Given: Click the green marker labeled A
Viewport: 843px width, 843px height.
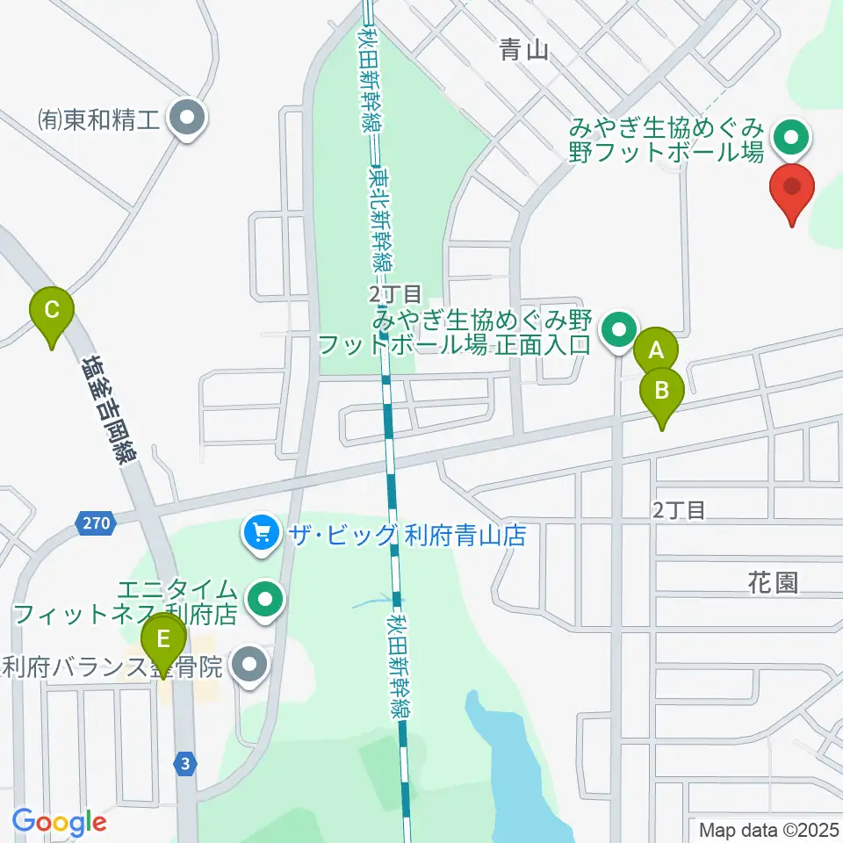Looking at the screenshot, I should pos(655,351).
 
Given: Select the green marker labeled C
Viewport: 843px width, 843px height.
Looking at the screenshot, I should pos(52,310).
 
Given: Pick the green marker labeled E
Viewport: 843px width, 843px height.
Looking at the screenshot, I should pos(163,638).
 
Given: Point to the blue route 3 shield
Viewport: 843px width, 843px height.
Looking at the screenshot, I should pos(184,763).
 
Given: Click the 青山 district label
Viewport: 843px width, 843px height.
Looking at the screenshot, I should pos(524,50).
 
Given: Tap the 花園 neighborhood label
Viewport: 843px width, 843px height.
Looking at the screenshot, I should pos(774,582).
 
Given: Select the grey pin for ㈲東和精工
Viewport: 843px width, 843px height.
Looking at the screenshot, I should pos(187,119).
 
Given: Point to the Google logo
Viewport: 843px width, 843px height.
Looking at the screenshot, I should pos(59,822).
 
